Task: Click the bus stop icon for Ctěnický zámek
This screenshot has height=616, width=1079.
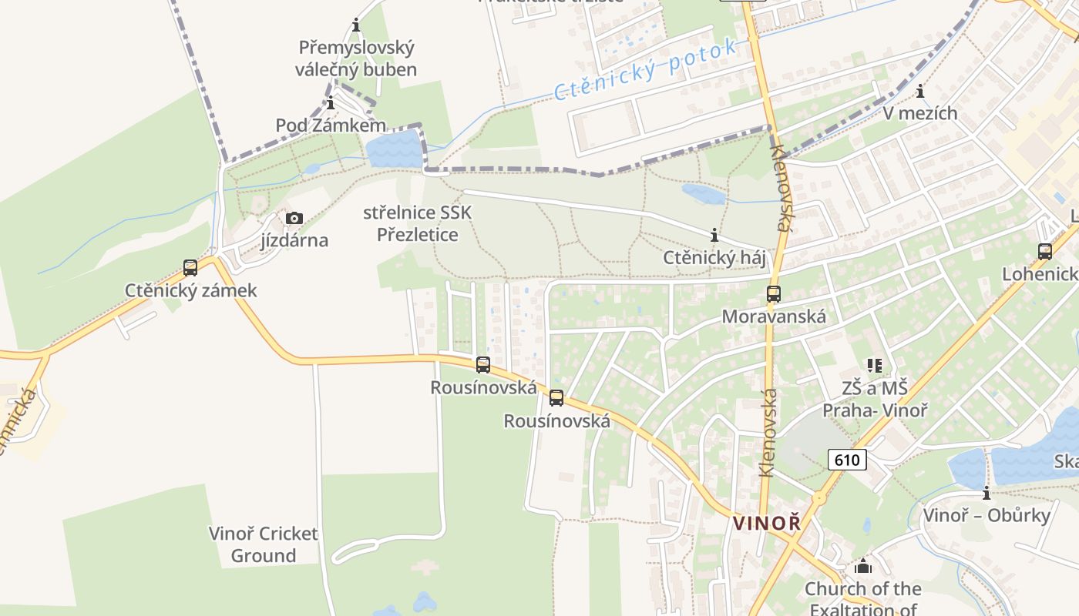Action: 190,268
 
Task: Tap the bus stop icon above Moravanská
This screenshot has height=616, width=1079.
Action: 773,294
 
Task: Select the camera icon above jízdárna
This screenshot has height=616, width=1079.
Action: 294,219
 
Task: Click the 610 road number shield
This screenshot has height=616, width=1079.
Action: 848,460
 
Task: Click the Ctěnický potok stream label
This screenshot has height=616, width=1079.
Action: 646,70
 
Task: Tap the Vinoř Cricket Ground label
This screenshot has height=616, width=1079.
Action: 264,544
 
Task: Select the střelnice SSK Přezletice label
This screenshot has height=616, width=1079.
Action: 417,223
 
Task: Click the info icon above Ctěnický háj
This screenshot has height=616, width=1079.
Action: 714,235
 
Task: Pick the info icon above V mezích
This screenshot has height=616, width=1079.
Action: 920,92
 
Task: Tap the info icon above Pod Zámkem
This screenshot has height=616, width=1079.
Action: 331,103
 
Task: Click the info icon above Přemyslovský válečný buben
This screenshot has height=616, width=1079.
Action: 356,25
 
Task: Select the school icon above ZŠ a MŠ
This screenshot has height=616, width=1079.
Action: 874,365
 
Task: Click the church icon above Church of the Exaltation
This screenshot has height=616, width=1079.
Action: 863,567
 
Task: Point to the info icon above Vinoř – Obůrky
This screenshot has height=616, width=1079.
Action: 987,493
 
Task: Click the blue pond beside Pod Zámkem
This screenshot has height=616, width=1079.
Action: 394,149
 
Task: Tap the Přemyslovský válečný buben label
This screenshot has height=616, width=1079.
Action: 356,59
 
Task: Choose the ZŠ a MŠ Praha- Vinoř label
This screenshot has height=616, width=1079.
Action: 875,399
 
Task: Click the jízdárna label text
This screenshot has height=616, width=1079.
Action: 294,240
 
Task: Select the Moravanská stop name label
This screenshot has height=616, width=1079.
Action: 774,316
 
